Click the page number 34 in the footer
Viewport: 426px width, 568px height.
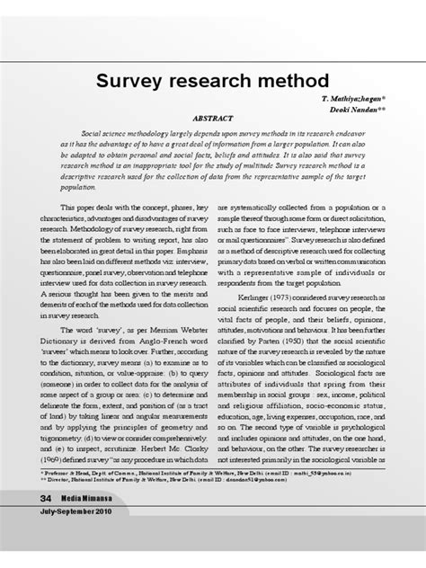click(45, 499)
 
